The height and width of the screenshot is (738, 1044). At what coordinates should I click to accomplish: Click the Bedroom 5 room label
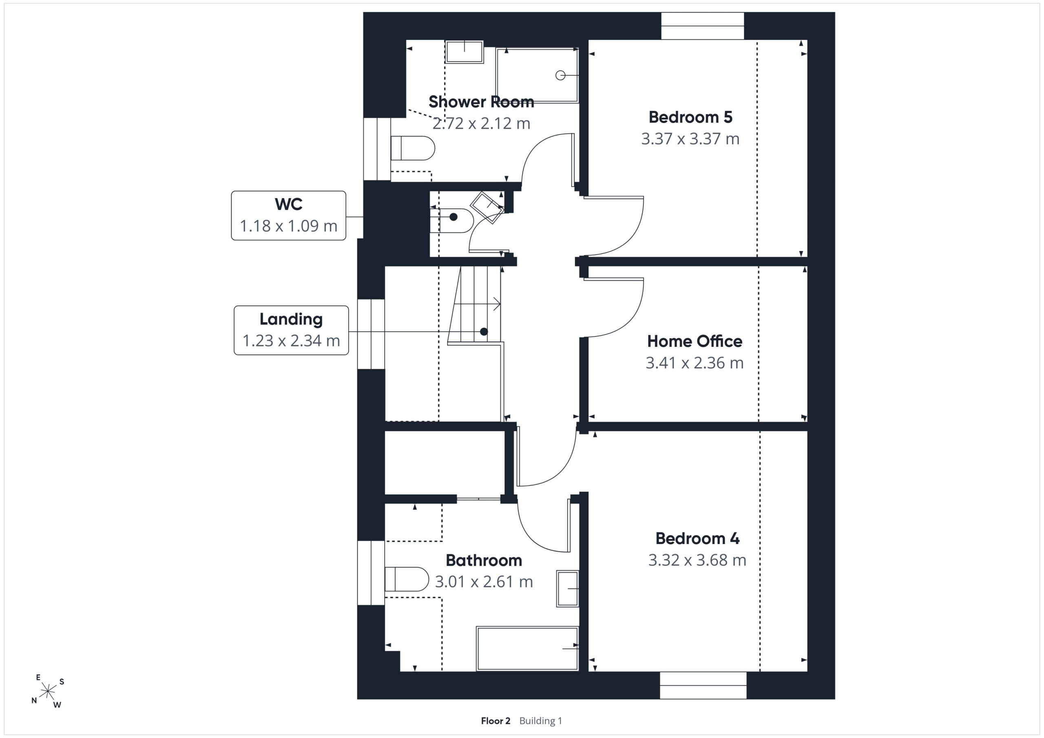coord(690,117)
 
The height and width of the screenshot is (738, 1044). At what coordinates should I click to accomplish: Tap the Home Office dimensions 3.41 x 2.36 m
coord(695,363)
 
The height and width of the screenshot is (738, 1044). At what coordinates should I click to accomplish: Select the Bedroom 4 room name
coord(697,538)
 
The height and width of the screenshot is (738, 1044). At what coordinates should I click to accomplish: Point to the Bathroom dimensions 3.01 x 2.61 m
coord(484,582)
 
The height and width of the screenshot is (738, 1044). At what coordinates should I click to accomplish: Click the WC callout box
coord(288,216)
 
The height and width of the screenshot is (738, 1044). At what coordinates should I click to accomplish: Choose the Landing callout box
coord(291,330)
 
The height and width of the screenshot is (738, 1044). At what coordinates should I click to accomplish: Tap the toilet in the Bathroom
coord(407,579)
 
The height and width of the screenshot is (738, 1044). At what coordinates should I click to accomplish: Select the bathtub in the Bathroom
coord(527,648)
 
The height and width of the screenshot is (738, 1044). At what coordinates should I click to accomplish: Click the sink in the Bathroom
coord(567,588)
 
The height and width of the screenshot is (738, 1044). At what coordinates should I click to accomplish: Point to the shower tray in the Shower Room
coord(537,75)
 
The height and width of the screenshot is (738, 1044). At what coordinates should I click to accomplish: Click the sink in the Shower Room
coord(464,52)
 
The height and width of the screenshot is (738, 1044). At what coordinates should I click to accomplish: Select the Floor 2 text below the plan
coord(495,721)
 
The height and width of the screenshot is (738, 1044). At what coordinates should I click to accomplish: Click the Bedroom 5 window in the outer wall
coord(703,26)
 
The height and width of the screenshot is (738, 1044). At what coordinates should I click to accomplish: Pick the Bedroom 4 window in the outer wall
coord(703,685)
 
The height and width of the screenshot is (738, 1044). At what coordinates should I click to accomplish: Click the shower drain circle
coord(560,75)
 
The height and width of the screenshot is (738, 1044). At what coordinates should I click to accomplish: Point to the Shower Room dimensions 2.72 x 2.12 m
coord(481,123)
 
